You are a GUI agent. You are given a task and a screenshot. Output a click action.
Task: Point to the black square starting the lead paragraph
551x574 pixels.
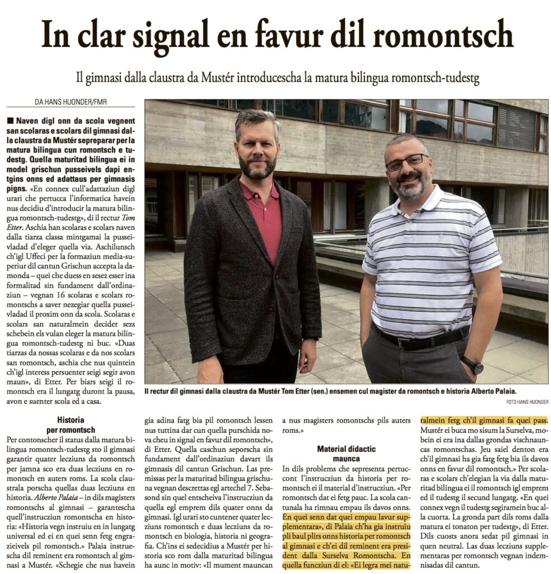coord(10,121)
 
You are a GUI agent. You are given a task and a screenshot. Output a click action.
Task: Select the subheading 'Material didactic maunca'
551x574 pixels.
coord(346,454)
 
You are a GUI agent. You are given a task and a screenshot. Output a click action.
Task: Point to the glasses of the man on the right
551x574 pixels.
coord(408,162)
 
